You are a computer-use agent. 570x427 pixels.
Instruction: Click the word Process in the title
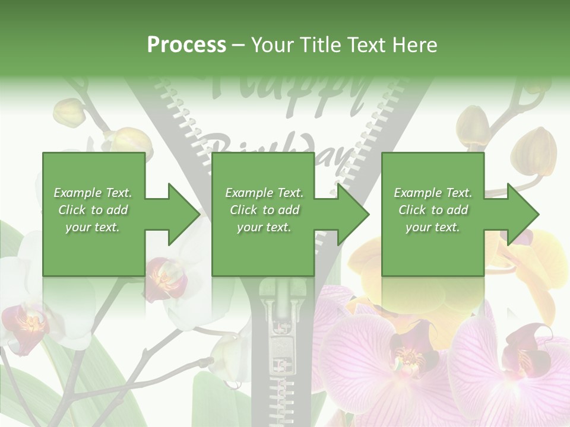click(186, 45)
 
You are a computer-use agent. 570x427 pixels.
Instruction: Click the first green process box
click(93, 214)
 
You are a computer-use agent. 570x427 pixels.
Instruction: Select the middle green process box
click(263, 214)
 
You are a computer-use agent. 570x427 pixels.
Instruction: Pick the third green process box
click(432, 214)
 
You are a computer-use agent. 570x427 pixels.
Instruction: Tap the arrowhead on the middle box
click(354, 214)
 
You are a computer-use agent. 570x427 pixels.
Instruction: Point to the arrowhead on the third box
click(523, 214)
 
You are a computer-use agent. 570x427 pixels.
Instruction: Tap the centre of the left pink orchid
click(408, 356)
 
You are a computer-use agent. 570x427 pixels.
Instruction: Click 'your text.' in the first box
click(93, 227)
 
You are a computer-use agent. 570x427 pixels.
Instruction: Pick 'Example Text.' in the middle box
click(264, 193)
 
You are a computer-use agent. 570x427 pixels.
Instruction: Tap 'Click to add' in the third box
click(433, 210)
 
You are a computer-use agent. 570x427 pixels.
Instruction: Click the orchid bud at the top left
click(66, 110)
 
